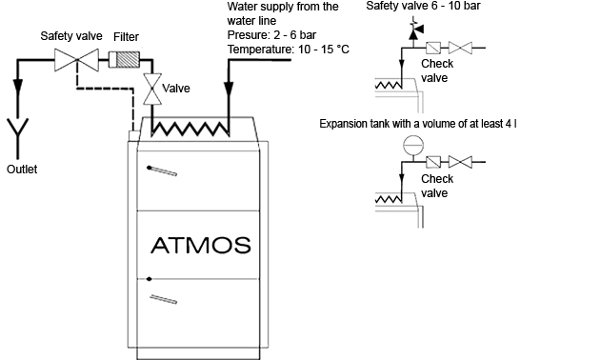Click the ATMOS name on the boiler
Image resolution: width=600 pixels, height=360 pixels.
(201, 245)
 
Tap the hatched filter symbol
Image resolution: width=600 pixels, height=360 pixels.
(124, 60)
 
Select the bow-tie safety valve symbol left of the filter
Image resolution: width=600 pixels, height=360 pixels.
(76, 60)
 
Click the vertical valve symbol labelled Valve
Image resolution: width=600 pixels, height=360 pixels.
(152, 90)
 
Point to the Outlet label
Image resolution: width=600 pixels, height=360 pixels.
(22, 170)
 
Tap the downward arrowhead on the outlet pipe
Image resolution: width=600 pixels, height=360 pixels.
(17, 86)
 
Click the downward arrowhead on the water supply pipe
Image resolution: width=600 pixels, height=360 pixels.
(229, 90)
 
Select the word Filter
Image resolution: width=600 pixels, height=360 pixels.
(126, 37)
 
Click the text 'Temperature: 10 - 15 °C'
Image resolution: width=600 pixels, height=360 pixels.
(289, 50)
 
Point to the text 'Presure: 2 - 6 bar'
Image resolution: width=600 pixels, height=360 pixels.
(271, 35)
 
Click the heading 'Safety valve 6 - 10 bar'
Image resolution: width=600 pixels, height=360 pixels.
(423, 6)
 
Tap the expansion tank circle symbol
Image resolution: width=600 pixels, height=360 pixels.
(413, 146)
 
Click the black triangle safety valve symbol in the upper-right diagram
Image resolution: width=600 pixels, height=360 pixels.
(414, 31)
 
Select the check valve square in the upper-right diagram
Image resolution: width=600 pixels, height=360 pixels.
(433, 48)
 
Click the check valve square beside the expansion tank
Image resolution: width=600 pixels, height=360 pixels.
(433, 162)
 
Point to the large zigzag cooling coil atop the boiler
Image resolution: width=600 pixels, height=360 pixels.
(190, 129)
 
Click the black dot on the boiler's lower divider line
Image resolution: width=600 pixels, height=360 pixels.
(150, 279)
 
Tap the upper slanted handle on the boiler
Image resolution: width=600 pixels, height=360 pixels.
(162, 170)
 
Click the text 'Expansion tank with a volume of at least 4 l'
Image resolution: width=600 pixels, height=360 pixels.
(418, 124)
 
